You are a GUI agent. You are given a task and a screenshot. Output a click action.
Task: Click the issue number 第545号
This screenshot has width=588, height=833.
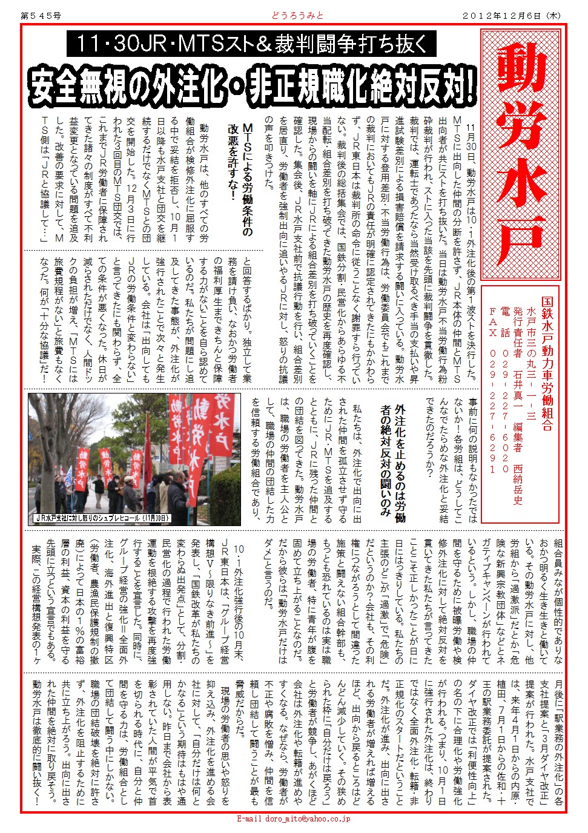tap(41, 16)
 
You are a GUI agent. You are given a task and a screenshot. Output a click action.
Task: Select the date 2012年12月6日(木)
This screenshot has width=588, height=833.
tap(512, 16)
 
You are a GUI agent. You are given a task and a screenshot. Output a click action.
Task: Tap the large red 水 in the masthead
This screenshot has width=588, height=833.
tap(521, 182)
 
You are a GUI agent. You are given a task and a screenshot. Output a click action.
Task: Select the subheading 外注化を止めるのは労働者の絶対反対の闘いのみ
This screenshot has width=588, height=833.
tap(392, 460)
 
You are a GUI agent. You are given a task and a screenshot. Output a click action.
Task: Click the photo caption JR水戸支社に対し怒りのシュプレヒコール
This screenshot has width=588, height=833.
tap(102, 518)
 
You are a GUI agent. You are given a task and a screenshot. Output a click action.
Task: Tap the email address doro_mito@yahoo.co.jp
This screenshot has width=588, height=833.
tap(294, 818)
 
